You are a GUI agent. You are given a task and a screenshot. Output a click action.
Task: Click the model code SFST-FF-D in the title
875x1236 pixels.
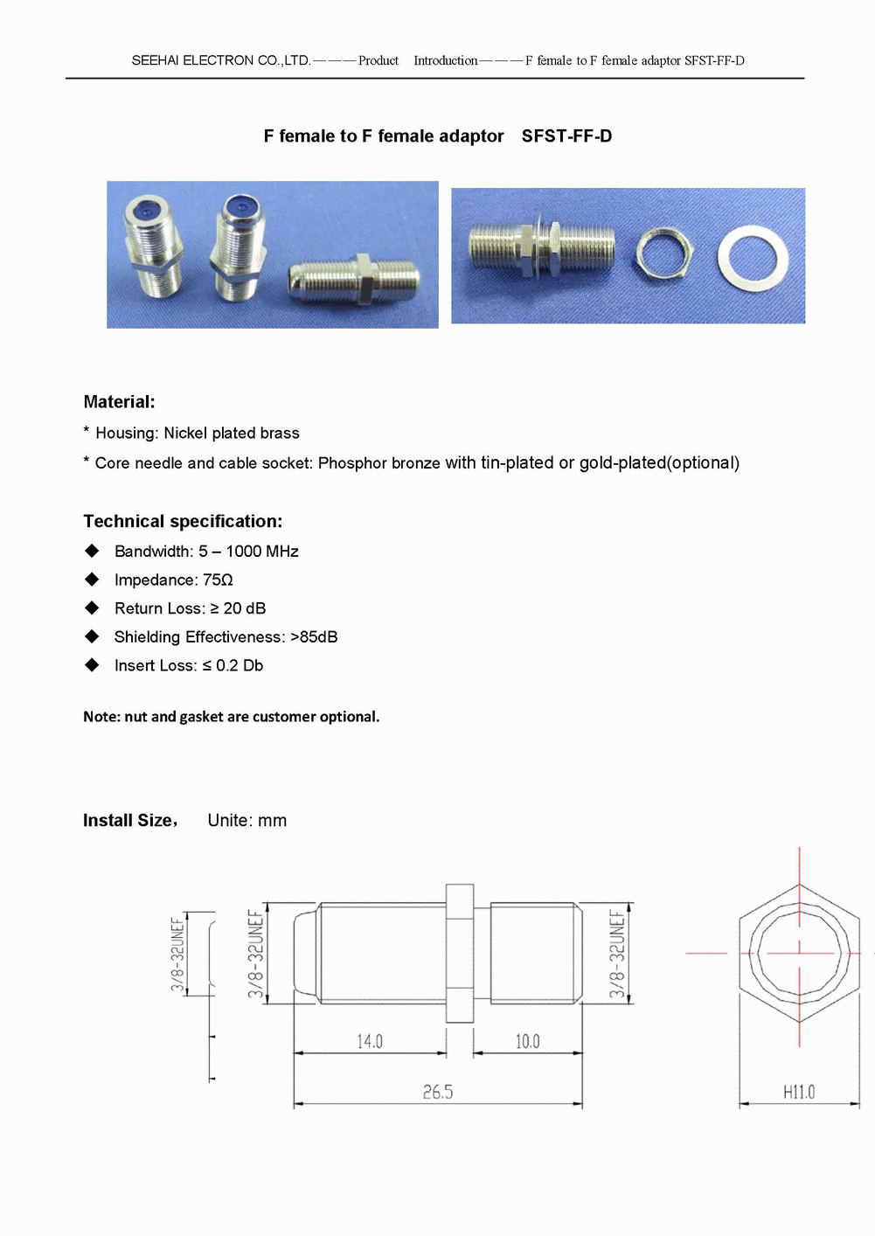click(x=566, y=136)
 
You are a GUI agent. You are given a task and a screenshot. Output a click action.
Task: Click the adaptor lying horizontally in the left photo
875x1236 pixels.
click(x=354, y=278)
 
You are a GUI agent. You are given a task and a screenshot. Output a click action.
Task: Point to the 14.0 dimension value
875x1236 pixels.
click(x=369, y=1041)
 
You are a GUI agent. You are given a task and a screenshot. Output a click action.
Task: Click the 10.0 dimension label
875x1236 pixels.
click(x=527, y=1041)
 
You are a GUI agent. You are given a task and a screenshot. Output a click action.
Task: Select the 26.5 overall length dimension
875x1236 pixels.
click(x=438, y=1092)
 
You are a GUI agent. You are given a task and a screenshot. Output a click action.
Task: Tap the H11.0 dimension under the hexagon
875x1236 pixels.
click(x=799, y=1092)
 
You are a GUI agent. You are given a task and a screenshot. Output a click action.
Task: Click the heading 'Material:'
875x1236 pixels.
click(x=119, y=402)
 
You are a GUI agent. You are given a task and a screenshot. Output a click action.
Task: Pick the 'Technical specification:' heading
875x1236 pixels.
click(x=183, y=522)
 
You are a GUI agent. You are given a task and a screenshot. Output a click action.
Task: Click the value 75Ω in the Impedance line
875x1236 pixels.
click(x=218, y=580)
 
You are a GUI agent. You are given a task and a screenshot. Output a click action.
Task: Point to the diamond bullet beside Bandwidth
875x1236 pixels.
click(x=92, y=551)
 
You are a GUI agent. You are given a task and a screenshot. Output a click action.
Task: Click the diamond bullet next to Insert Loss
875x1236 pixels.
click(x=92, y=665)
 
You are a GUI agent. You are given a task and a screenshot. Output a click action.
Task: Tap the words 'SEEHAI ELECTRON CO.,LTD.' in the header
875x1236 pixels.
click(x=220, y=60)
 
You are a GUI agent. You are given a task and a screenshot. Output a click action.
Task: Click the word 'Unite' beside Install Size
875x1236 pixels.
click(x=229, y=821)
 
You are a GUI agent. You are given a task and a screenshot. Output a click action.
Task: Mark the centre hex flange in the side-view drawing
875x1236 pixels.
click(x=460, y=953)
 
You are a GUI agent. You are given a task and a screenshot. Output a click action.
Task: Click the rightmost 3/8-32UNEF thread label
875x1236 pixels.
click(x=617, y=954)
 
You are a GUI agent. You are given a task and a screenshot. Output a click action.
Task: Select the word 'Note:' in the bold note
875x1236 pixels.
click(x=101, y=717)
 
